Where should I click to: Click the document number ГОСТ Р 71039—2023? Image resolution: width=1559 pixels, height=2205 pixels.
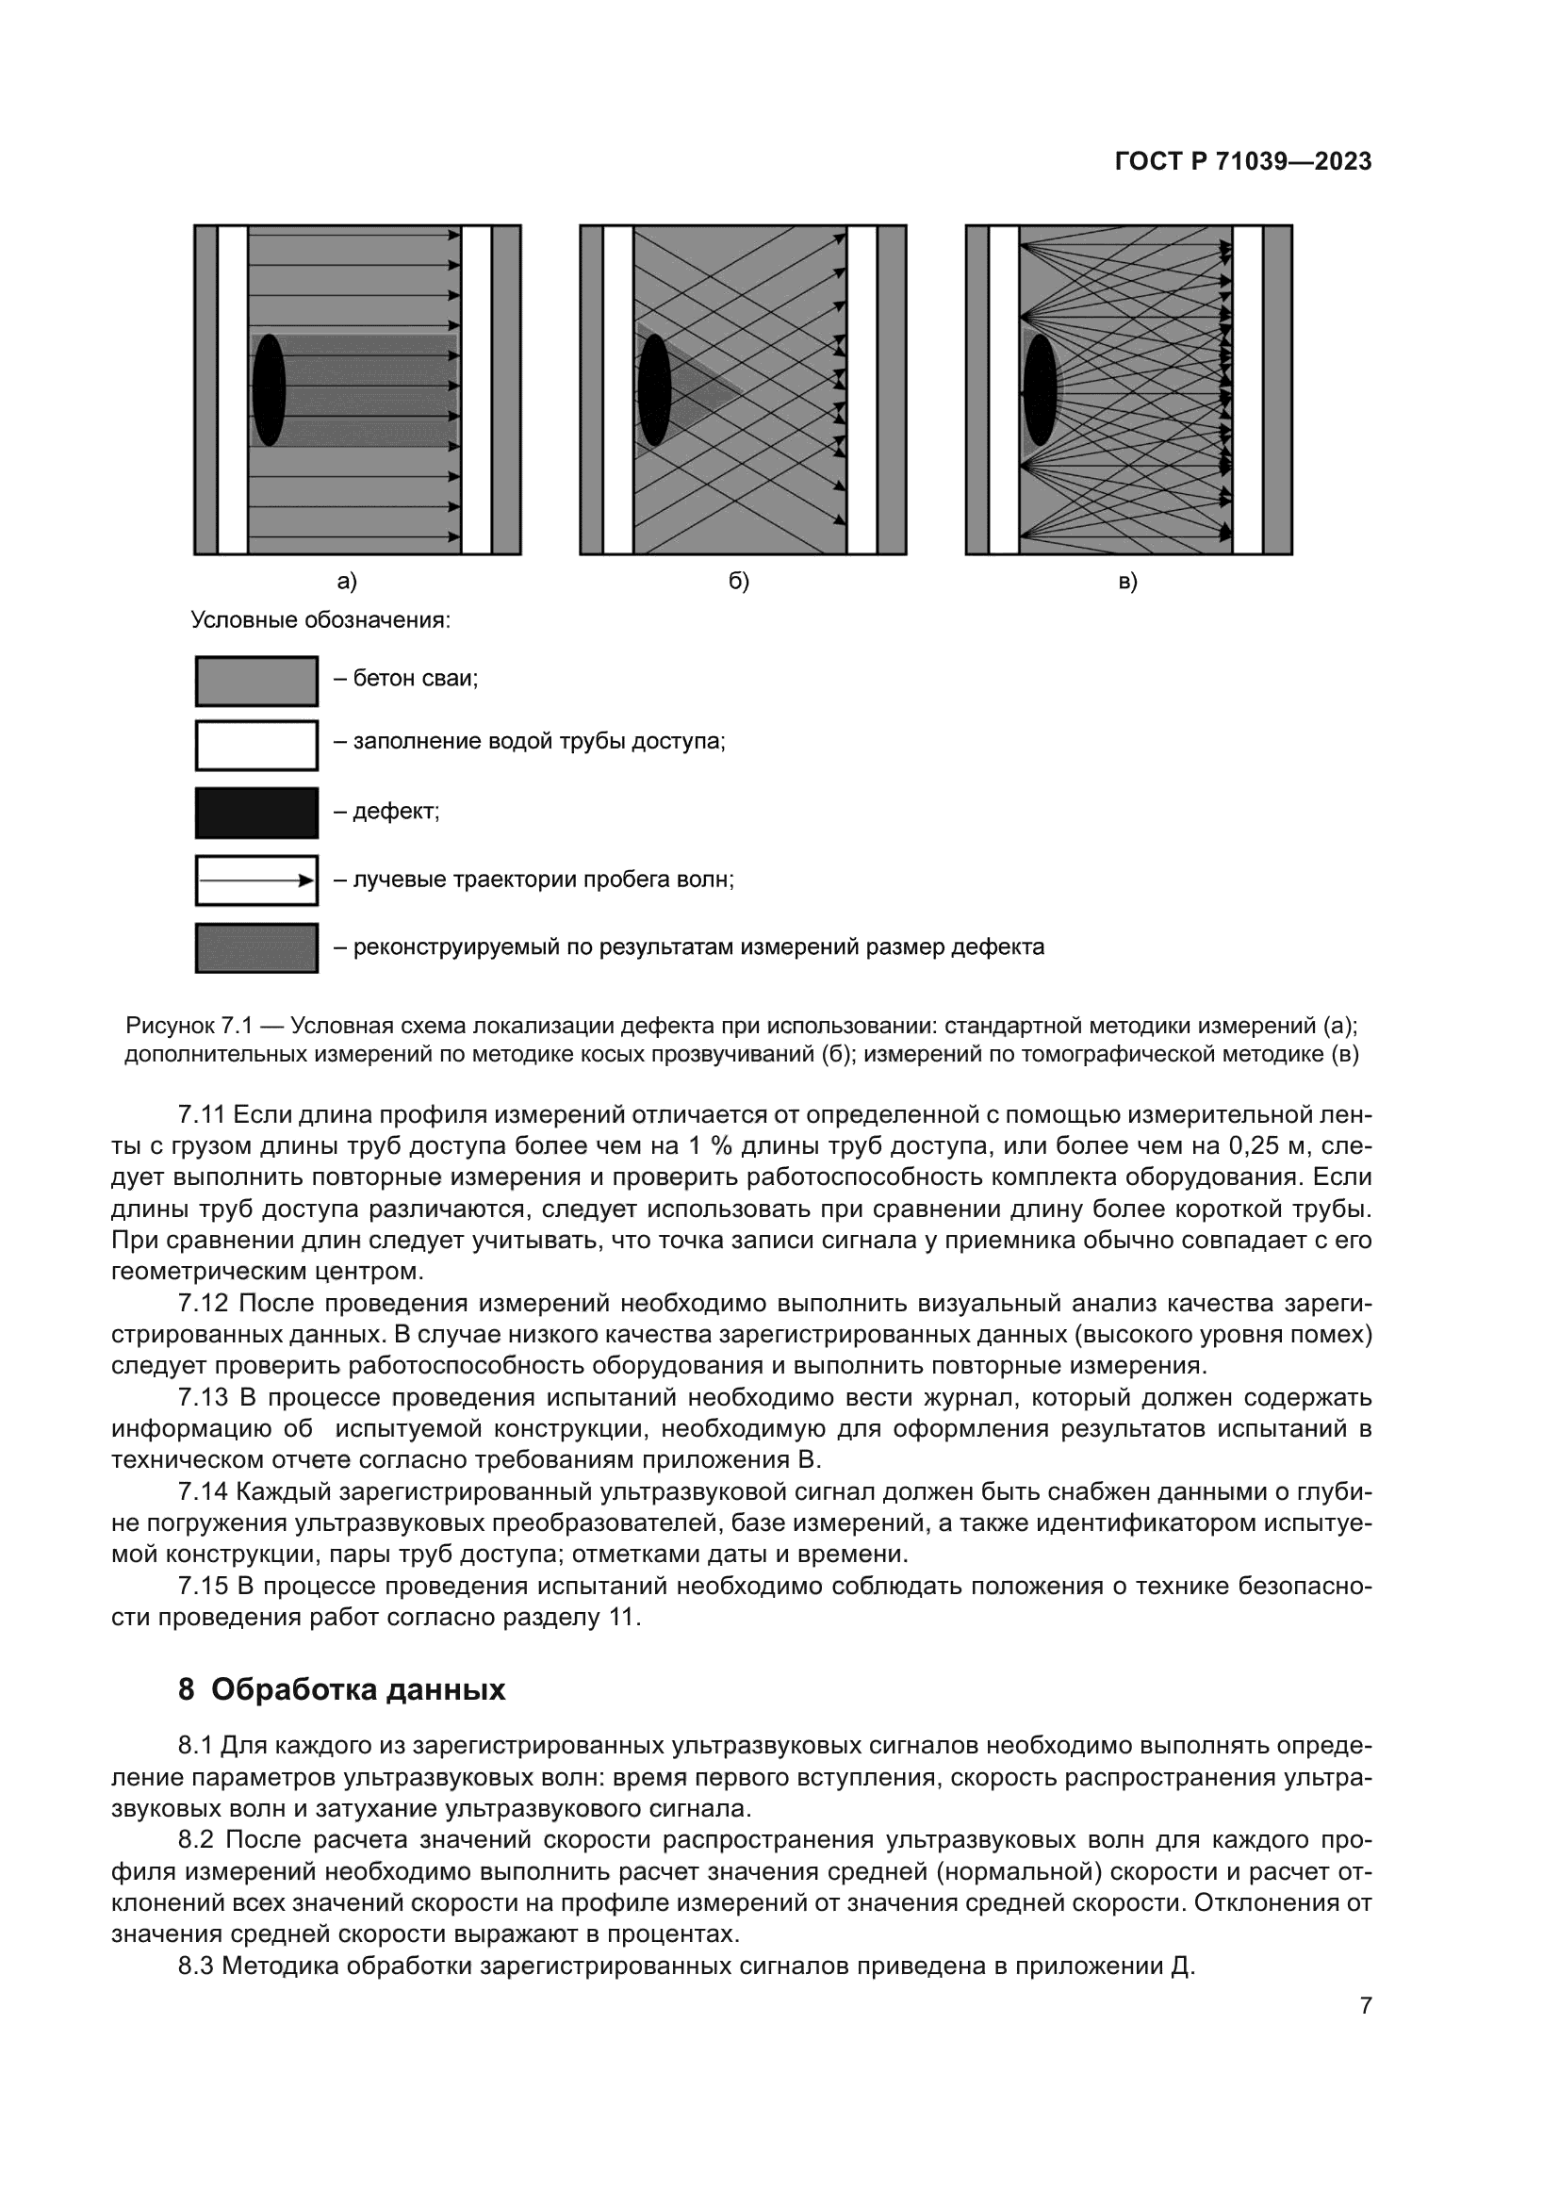coord(1243,161)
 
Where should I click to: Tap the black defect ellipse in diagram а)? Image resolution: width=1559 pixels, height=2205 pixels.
coord(269,389)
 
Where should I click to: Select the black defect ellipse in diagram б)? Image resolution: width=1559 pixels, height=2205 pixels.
coord(654,389)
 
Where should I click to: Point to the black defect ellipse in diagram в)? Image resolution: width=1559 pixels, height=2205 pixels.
coord(1040,389)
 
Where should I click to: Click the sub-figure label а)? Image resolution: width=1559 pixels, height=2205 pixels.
coord(347,581)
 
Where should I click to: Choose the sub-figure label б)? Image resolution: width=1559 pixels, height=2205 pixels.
coord(738,581)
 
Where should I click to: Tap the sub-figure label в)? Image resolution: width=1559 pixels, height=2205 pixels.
coord(1128,581)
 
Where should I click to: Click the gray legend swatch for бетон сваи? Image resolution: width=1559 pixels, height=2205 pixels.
coord(256,681)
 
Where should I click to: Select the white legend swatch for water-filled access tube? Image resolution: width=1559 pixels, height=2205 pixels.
coord(256,746)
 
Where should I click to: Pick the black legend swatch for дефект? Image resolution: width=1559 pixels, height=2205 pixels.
coord(256,813)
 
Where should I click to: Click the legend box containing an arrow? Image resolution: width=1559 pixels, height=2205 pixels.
coord(256,880)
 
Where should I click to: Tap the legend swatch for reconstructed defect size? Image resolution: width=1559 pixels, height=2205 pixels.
coord(256,947)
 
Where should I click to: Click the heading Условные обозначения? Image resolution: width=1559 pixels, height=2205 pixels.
coord(320,620)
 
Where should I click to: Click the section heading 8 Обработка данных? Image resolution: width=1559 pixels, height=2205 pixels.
coord(342,1689)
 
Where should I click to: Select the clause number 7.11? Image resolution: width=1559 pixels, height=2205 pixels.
coord(201,1115)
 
